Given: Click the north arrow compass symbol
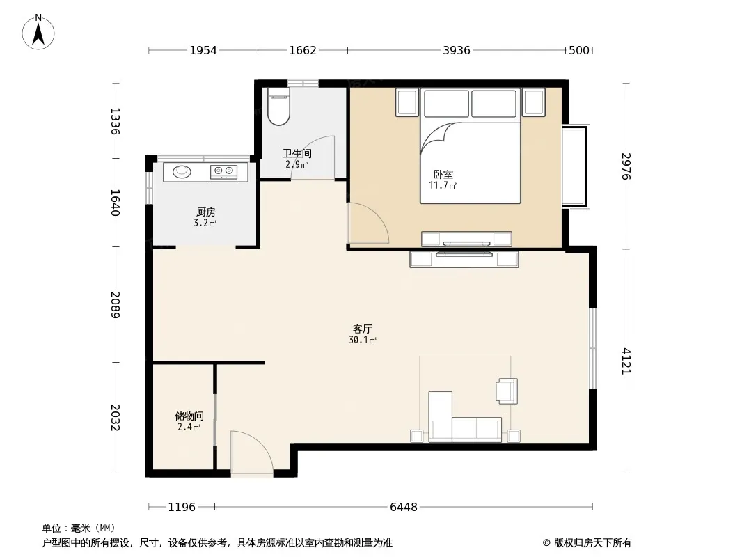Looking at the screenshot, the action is [38, 32].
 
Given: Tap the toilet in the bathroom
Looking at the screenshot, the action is [278, 107].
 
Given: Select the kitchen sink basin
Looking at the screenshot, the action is [182, 171].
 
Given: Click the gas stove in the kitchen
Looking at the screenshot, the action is [224, 171].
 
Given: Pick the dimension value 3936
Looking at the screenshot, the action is [457, 50].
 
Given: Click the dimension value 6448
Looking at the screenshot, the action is [404, 508].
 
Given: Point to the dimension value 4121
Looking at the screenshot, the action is [626, 361].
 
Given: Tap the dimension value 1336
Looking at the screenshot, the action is [115, 121].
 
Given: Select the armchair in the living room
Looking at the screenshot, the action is [507, 391].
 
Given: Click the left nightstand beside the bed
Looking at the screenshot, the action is [407, 102].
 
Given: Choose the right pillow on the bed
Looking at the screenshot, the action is [494, 103].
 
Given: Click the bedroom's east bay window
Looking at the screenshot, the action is [576, 166].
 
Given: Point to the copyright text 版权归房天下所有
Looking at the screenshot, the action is [592, 543].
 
